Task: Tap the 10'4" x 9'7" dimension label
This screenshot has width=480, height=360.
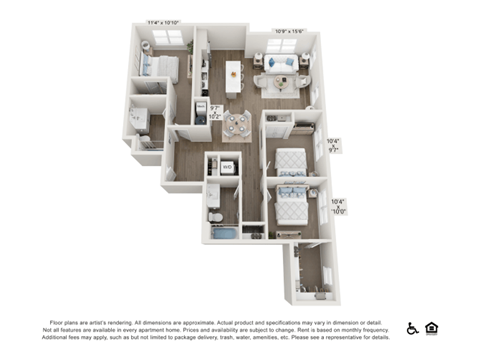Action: (x=334, y=146)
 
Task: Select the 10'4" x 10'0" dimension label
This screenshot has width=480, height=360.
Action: (x=338, y=207)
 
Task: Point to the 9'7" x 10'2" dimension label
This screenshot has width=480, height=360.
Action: (x=214, y=112)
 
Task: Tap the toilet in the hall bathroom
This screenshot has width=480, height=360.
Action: (x=214, y=215)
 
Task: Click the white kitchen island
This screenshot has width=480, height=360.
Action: (x=234, y=77)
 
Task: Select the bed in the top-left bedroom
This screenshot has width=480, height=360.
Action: (x=160, y=68)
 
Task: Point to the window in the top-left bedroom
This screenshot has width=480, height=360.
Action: (x=166, y=37)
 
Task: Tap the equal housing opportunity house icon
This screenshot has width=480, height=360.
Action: (x=432, y=328)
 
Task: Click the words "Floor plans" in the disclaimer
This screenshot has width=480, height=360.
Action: (x=64, y=322)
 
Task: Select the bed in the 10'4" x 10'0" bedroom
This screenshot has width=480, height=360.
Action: (x=291, y=204)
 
